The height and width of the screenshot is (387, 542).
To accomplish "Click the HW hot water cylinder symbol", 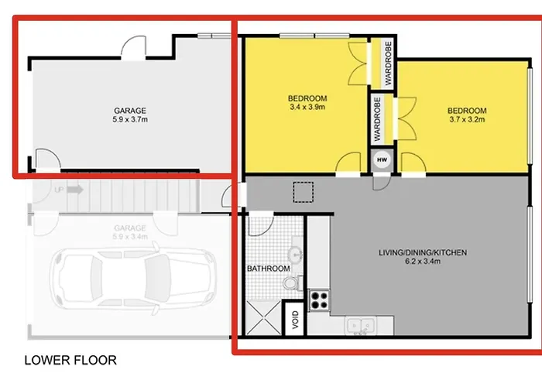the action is tap(382, 160).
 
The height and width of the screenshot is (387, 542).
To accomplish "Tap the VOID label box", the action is tap(295, 319).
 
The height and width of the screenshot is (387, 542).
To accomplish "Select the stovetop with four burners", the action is tap(319, 300).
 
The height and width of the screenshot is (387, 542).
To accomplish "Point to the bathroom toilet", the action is tap(293, 283).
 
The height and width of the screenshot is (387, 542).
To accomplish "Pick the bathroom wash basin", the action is tap(296, 255).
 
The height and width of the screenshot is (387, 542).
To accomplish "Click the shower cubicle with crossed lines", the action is tap(263, 318).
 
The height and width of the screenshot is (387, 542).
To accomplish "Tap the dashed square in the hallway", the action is tap(304, 192).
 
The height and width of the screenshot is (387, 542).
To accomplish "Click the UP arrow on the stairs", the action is tap(75, 190).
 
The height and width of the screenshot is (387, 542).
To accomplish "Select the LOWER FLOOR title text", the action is tap(70, 361).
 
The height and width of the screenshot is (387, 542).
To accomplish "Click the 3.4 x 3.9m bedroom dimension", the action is tap(307, 107).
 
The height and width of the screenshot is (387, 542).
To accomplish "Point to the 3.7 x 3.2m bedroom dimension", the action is tap(467, 119).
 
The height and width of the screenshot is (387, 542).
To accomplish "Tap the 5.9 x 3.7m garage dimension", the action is tap(130, 119).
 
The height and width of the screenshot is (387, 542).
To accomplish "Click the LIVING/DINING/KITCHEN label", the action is tap(423, 252).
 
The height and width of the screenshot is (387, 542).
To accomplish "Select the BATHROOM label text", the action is tap(269, 269).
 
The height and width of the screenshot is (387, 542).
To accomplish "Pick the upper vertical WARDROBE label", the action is tap(388, 63).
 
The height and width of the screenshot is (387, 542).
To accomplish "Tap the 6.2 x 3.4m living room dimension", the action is tap(423, 262).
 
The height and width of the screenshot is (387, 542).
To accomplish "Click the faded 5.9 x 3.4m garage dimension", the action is tap(130, 237).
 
